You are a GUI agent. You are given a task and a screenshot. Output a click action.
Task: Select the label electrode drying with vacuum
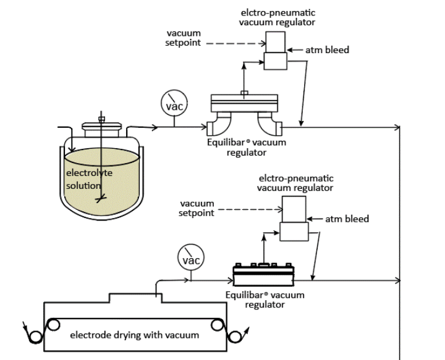coord(135,335)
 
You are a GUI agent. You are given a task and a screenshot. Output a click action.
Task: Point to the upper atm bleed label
coord(327,50)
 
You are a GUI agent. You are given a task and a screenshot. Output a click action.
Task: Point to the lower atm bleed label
coord(347,219)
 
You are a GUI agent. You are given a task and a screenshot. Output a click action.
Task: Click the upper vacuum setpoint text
coord(183,38)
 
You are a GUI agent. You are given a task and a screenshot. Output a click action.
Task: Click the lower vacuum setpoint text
coord(197,208)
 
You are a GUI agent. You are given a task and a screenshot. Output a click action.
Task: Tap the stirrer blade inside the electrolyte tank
coord(101,198)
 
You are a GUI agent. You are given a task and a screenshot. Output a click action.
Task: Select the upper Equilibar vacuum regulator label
coord(247,147)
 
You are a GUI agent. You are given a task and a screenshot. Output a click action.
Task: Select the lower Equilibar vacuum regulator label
coord(265,299)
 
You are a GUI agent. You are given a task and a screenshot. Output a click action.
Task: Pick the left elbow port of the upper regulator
coord(219,125)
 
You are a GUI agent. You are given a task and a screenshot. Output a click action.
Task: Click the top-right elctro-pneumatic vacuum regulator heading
coord(277,17)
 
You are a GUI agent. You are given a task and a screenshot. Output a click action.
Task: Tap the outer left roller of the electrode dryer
coord(35,337)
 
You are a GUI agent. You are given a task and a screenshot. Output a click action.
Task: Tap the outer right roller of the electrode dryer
coord(235,337)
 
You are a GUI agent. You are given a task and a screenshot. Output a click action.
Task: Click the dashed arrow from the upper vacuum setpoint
coord(236,44)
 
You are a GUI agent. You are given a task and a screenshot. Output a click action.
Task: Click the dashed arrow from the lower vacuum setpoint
coord(250,209)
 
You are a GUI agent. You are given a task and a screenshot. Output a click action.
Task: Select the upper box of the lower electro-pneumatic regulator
coord(294,209)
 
